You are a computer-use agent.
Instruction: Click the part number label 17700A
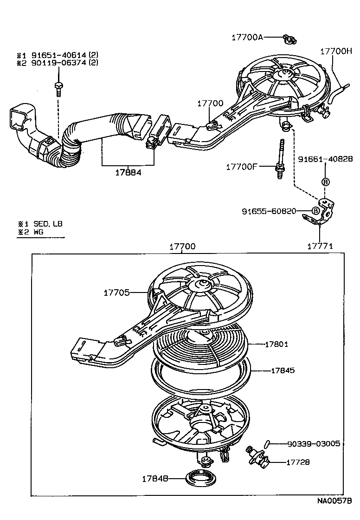247,38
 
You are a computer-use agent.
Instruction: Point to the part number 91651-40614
59,55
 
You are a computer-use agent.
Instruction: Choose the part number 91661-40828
325,159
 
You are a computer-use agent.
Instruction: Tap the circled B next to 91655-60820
315,211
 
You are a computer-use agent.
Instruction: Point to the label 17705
116,292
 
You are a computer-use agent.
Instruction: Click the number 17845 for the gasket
283,371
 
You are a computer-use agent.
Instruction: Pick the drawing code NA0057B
334,501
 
